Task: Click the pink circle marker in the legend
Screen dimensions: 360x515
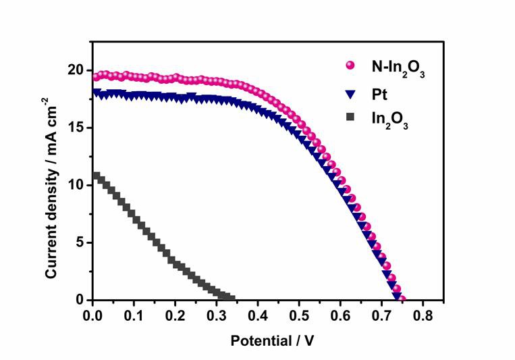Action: [350, 66]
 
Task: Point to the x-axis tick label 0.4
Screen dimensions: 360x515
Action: [258, 315]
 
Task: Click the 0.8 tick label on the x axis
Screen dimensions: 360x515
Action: [423, 315]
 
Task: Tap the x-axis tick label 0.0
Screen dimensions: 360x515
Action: [92, 315]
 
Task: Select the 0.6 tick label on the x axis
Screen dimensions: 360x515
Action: [340, 315]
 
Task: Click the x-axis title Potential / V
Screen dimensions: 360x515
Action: [272, 341]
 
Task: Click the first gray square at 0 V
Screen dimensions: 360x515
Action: [96, 177]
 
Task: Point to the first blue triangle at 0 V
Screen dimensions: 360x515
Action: [96, 93]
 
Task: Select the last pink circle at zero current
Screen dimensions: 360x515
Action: [402, 298]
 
